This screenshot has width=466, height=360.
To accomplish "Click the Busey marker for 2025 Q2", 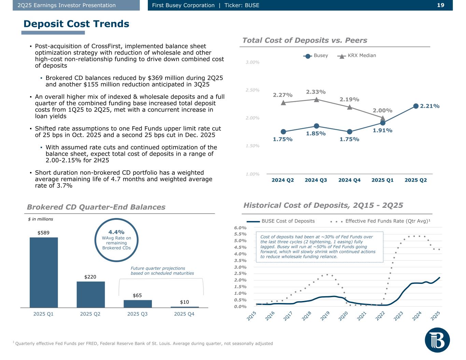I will pyautogui.click(x=416, y=106).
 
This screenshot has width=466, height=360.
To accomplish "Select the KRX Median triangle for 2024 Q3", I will pyautogui.click(x=316, y=100).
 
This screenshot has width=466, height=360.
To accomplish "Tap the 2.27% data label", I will pyautogui.click(x=283, y=95).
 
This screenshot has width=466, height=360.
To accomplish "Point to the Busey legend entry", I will pyautogui.click(x=316, y=56).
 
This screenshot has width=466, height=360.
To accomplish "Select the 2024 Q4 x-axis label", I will pyautogui.click(x=349, y=180).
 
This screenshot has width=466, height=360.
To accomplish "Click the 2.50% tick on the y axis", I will pyautogui.click(x=252, y=90).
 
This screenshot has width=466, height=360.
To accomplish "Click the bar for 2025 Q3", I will pyautogui.click(x=138, y=304).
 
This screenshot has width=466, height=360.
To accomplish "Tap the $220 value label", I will pyautogui.click(x=90, y=277).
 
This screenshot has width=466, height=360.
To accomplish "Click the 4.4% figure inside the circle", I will pyautogui.click(x=116, y=232).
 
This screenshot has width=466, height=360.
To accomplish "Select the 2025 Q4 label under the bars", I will pyautogui.click(x=184, y=314).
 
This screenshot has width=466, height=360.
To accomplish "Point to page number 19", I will pyautogui.click(x=441, y=5).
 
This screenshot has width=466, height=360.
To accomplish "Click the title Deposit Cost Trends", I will pyautogui.click(x=76, y=24).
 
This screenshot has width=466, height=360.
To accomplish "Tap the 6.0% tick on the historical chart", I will pyautogui.click(x=240, y=228).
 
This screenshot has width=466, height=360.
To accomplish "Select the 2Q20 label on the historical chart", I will pyautogui.click(x=343, y=316).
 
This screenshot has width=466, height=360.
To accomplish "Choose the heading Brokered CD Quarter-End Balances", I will pyautogui.click(x=96, y=207).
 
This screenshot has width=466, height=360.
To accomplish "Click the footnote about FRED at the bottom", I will pyautogui.click(x=143, y=343).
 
